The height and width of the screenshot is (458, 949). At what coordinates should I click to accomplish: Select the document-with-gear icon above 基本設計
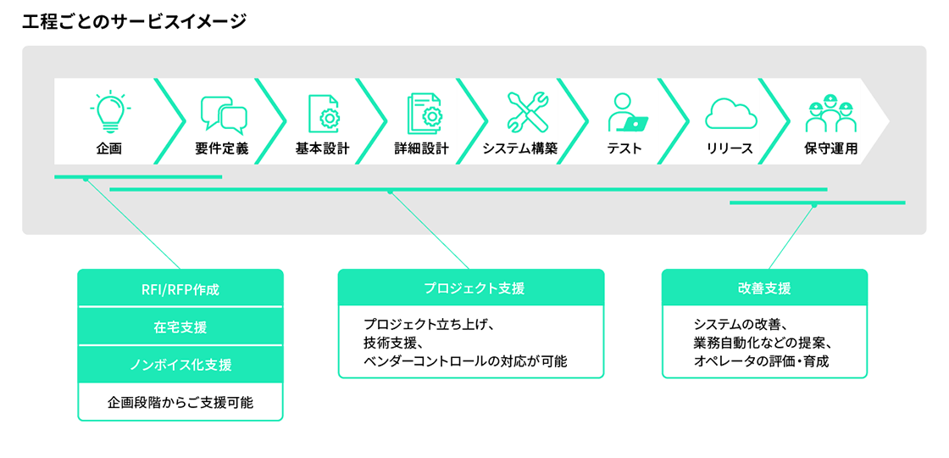pos(323,113)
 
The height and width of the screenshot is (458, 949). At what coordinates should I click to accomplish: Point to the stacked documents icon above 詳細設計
pos(423,113)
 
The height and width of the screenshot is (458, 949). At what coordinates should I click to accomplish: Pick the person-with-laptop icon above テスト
pos(627,113)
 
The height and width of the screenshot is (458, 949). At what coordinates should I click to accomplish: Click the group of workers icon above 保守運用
pos(830,113)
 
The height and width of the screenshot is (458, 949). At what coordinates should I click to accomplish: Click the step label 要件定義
pos(222,148)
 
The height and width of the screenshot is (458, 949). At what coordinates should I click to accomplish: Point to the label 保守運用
pos(830,148)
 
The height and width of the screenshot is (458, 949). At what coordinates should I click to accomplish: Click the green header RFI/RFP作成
pos(180,288)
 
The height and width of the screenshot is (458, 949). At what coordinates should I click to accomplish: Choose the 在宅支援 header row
pos(180,327)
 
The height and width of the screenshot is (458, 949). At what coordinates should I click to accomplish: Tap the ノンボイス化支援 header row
pos(180,365)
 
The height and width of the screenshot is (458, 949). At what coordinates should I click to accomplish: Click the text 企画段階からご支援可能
pos(180,403)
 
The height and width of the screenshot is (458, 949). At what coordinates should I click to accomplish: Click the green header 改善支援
pos(764,288)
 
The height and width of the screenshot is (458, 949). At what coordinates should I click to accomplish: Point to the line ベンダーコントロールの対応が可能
pos(464,361)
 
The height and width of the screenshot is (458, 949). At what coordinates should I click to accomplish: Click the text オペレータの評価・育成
pos(761,361)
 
